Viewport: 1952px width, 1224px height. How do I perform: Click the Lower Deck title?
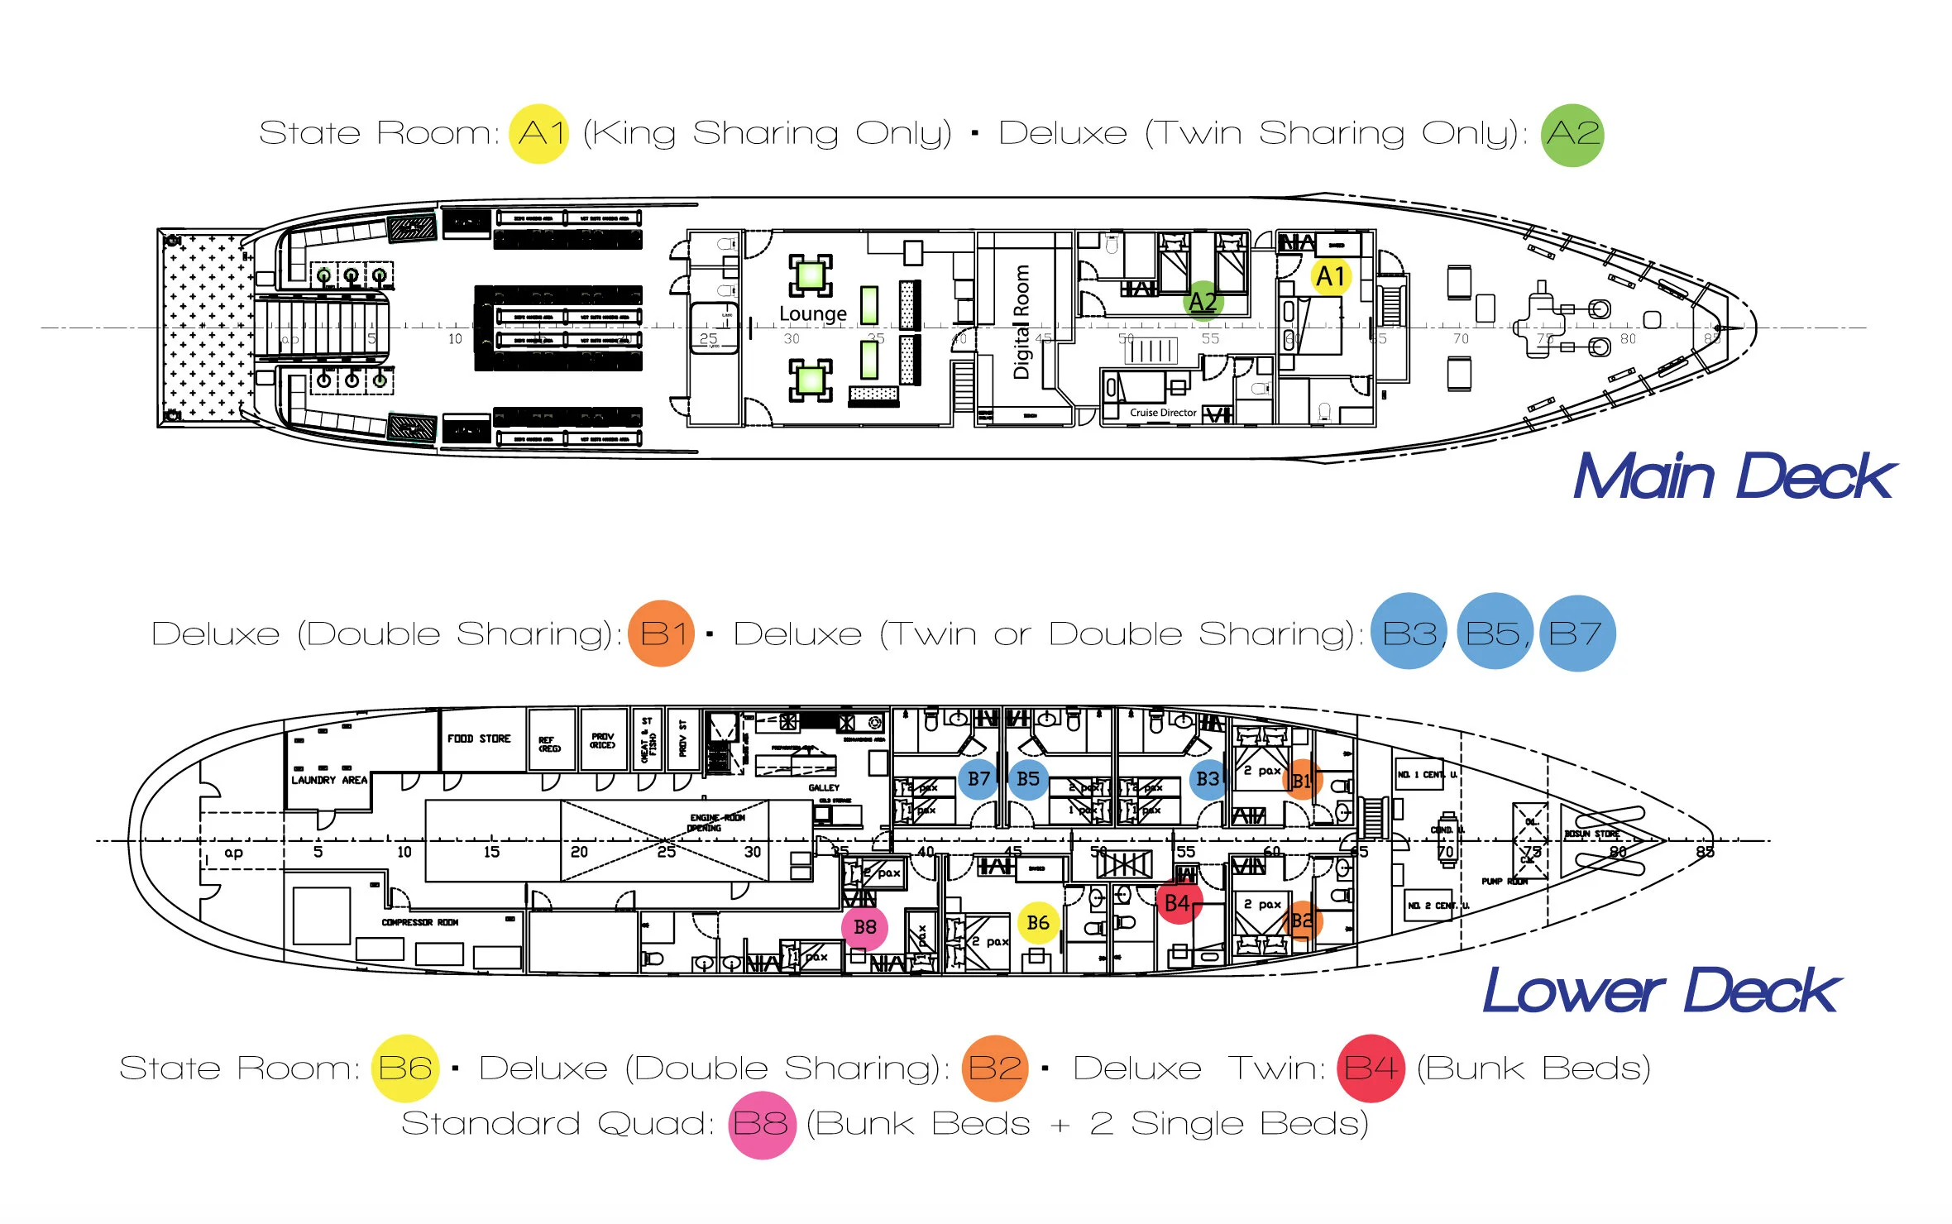[x=1661, y=991]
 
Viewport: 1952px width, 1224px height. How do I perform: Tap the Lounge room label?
[x=813, y=314]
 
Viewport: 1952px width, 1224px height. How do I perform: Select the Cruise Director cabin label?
[x=1163, y=413]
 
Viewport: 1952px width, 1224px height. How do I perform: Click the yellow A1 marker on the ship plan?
[x=1330, y=276]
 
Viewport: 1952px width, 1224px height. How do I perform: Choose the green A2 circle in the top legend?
[x=1572, y=134]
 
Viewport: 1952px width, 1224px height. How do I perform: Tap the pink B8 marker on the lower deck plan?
[x=865, y=927]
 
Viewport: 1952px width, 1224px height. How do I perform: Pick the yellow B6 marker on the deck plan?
[x=1038, y=923]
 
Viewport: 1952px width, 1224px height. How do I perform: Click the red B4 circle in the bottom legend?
[x=1371, y=1069]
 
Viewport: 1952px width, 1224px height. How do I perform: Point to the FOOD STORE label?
[x=479, y=739]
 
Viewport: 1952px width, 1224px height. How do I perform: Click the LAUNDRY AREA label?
[x=329, y=780]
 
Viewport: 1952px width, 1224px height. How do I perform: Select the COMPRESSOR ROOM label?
[x=419, y=922]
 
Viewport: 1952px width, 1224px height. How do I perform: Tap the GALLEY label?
[x=824, y=787]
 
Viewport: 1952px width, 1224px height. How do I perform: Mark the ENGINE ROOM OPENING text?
[x=716, y=822]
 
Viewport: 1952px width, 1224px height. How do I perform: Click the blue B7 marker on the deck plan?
[x=979, y=779]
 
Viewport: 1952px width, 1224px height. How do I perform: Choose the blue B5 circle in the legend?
[x=1494, y=634]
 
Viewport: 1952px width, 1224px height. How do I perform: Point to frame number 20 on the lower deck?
[x=579, y=852]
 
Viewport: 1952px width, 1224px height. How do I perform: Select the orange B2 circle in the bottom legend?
[x=995, y=1069]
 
